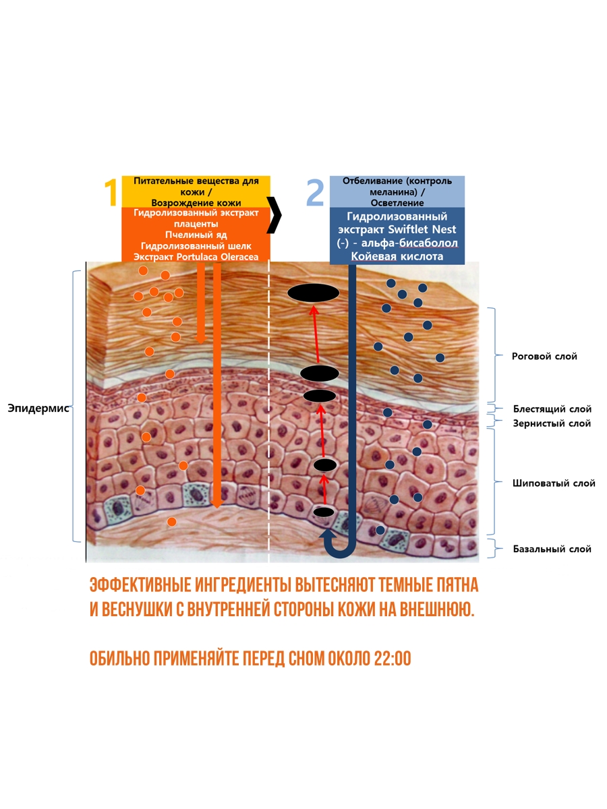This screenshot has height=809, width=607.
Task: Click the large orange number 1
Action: [111, 192]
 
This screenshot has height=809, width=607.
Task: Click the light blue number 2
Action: [316, 192]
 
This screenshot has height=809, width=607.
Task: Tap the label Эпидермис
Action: [38, 409]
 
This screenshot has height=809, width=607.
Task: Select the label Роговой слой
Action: [544, 357]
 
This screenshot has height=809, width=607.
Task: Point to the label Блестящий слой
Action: [552, 409]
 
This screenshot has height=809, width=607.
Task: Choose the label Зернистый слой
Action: [552, 423]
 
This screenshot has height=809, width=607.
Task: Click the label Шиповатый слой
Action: [554, 483]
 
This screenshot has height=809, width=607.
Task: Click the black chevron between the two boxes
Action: [274, 215]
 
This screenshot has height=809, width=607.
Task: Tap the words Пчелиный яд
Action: [196, 235]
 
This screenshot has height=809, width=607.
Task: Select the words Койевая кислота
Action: [397, 257]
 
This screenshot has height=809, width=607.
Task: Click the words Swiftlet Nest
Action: [422, 230]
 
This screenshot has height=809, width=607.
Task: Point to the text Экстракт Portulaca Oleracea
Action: [196, 257]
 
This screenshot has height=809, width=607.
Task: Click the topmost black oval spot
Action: [313, 293]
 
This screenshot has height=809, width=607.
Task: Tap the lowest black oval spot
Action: [324, 512]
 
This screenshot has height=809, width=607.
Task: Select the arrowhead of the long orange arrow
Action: [216, 504]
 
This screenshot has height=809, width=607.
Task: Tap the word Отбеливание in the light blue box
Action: [367, 181]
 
